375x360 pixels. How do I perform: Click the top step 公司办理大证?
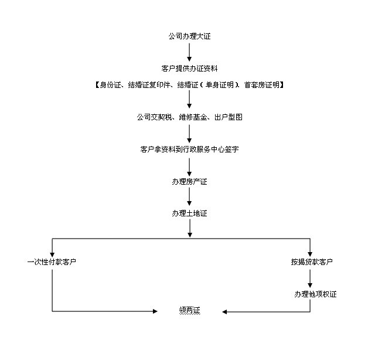pos(189,36)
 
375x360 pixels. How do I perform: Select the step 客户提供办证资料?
pos(189,69)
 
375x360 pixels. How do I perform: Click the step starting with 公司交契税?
pos(189,117)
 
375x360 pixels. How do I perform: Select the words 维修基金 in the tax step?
pos(189,117)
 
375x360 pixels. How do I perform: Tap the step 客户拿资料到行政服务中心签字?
pos(189,150)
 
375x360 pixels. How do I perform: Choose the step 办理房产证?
pos(189,182)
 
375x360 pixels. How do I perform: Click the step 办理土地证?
pos(189,213)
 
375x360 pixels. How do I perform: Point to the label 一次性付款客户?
pos(52,261)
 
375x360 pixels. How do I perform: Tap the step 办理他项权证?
pos(315,294)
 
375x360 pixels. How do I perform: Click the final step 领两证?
pos(189,310)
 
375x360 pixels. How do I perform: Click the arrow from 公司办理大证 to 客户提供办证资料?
pos(189,52)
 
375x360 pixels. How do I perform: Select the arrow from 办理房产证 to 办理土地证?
pos(189,198)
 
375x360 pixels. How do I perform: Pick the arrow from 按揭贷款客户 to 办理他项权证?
pos(311,278)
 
